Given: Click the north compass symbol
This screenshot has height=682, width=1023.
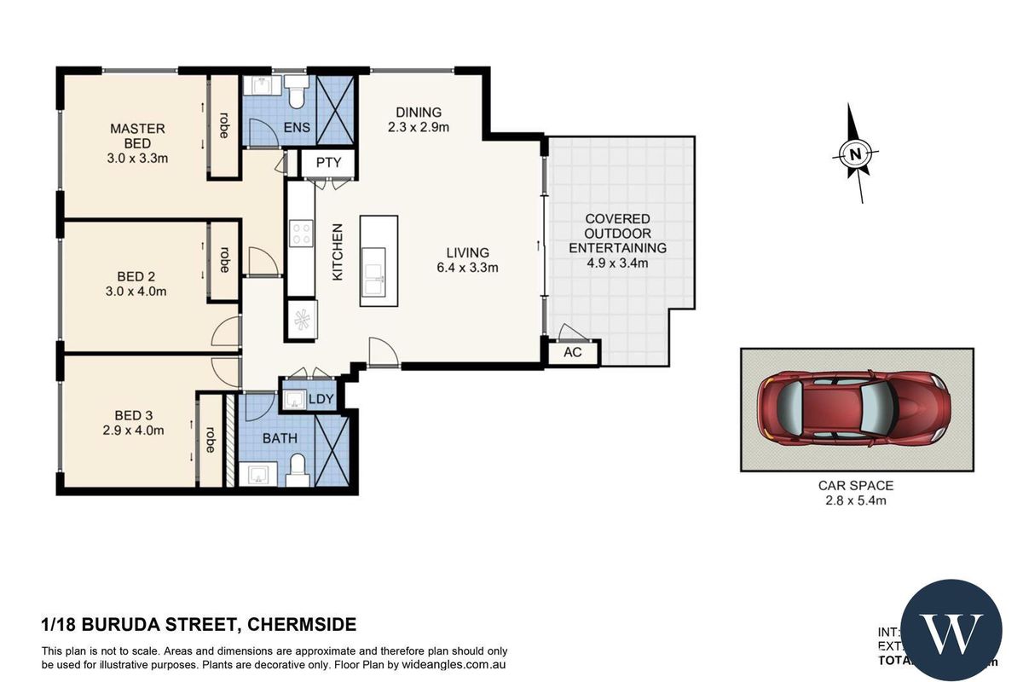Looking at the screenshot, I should pos(855,154).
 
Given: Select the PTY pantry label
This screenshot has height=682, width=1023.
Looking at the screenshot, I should pos(327,163).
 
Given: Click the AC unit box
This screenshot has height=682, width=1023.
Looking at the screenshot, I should pos(573,352).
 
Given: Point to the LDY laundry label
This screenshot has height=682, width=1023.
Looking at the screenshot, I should pos(321,399).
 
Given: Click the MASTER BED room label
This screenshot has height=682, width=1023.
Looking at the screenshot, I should pos(137,136).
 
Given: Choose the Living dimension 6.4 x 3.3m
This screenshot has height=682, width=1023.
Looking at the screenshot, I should pos(467,267).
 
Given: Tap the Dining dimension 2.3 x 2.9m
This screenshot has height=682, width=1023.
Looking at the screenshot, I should pos(418,127).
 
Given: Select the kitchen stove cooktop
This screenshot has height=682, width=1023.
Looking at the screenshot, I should pos(301,233).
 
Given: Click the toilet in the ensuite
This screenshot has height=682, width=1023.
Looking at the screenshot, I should pos(296,94).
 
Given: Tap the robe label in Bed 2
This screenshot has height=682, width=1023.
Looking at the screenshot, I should pos(224,260).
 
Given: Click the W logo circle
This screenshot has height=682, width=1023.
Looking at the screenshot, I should pos(951,630).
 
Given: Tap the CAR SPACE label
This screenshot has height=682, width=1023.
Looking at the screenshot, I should pos(856,485).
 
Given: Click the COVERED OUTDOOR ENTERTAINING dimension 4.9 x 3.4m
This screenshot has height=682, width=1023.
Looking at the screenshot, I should pos(617,263).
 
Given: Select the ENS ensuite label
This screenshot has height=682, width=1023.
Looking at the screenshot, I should pos(297,129).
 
